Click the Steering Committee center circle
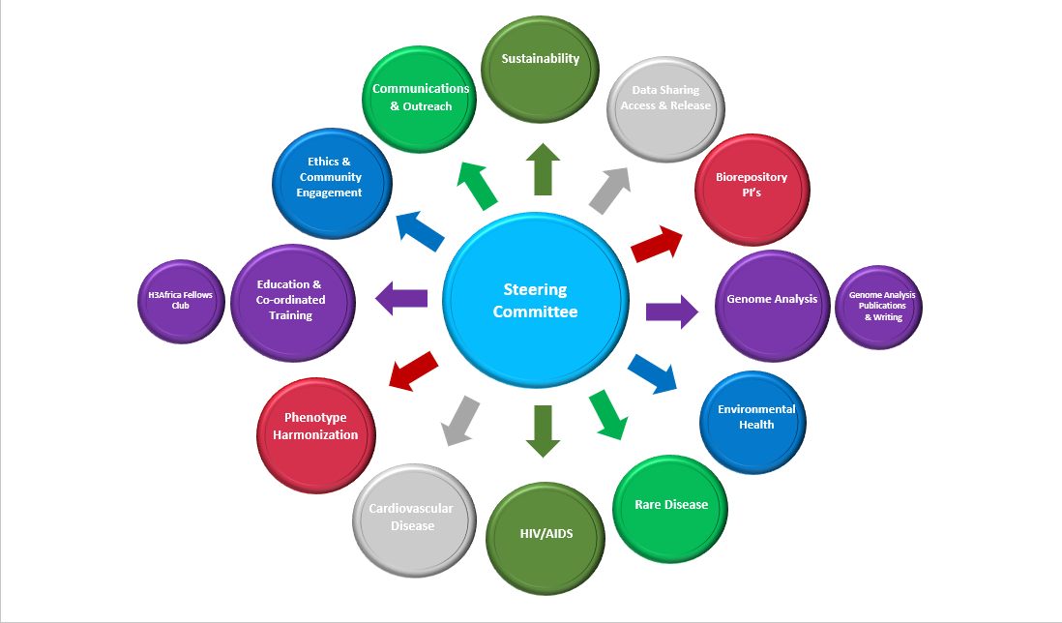click(x=535, y=301)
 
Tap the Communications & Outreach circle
click(x=421, y=99)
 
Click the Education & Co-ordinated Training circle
click(x=290, y=301)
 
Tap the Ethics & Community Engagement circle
click(x=332, y=182)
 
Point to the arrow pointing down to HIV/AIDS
click(x=543, y=431)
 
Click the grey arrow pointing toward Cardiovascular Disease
click(x=458, y=420)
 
